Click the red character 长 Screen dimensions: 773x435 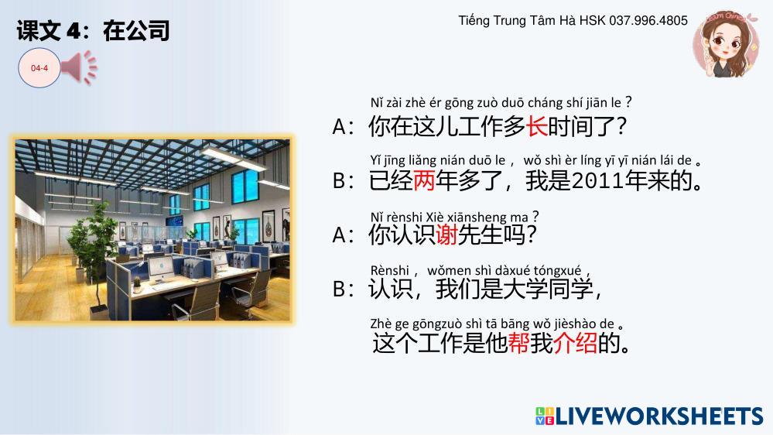[x=536, y=126]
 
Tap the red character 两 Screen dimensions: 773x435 [x=424, y=180]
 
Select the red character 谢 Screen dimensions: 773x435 [x=446, y=235]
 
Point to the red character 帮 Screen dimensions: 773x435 [x=518, y=343]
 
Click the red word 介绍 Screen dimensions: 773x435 [x=575, y=343]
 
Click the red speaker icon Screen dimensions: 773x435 [x=80, y=67]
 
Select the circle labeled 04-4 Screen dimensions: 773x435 [x=39, y=68]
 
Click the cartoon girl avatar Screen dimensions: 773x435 [x=726, y=45]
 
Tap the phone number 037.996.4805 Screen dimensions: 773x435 [x=648, y=21]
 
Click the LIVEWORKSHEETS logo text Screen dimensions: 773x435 [x=659, y=416]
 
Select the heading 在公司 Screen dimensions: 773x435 [x=136, y=31]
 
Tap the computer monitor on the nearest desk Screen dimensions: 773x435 [x=161, y=269]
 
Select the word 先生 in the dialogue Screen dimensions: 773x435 [x=480, y=235]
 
